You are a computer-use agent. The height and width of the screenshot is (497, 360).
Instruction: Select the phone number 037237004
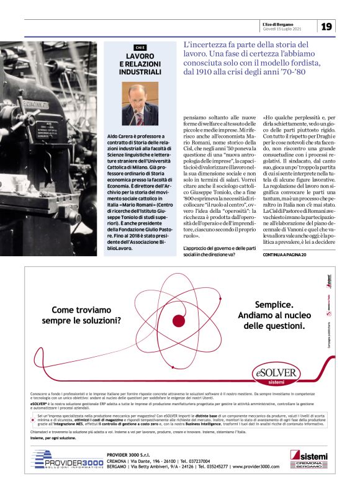point(196,461)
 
